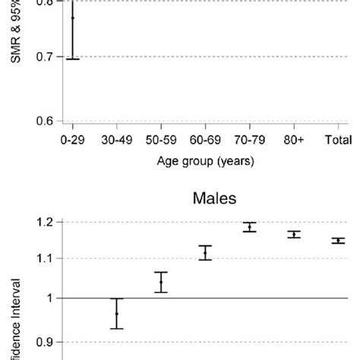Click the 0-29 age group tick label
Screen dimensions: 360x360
coord(73,141)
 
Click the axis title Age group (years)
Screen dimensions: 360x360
coord(205,161)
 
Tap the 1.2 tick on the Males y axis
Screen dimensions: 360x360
coord(43,223)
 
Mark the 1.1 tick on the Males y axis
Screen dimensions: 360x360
coord(43,259)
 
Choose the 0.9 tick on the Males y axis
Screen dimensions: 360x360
coord(43,342)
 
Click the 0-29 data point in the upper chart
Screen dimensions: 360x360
coord(73,17)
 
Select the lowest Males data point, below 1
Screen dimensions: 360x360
coord(116,313)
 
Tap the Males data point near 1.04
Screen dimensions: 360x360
coord(161,283)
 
